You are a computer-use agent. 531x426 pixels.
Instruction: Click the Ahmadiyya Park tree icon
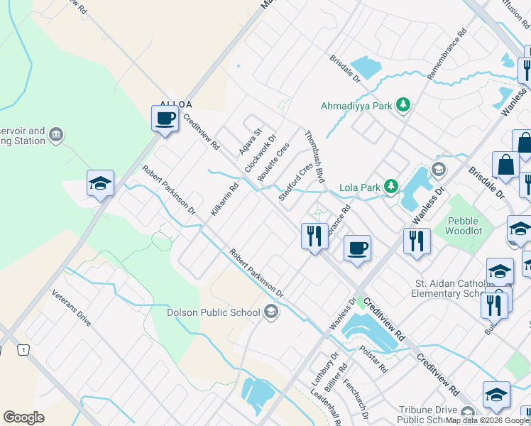coord(403,106)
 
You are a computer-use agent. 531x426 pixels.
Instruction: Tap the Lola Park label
coord(358,187)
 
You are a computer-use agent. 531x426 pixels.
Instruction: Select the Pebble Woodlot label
coord(469,226)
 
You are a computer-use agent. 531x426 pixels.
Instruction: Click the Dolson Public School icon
coord(270,310)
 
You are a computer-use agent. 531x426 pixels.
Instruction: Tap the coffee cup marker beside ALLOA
coord(165,118)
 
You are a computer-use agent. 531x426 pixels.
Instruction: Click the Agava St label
coord(251,142)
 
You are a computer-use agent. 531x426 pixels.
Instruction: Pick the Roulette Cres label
coord(275,160)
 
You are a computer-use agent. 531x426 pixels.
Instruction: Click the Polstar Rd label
coord(373,359)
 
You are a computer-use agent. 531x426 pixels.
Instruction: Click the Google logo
coord(23,417)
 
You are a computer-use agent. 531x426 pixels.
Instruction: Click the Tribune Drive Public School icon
coord(467,413)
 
